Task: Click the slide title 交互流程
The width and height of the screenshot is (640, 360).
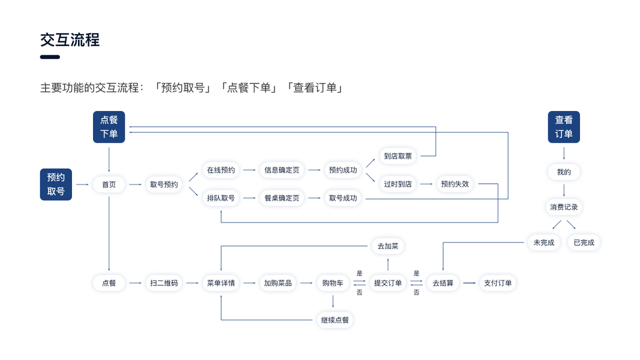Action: point(70,40)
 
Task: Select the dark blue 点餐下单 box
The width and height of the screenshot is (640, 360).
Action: point(109,127)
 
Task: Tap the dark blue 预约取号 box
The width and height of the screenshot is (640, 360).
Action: point(56,184)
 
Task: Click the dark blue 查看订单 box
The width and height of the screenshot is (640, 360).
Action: point(564,127)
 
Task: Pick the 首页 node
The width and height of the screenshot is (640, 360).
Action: point(109,185)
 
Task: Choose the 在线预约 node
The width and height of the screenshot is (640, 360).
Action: point(221,170)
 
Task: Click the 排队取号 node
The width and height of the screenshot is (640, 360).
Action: point(221,198)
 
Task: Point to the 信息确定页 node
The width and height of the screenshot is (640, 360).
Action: point(282,170)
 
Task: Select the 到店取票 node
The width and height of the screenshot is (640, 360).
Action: point(398,156)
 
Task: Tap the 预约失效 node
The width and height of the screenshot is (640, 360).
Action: point(455,184)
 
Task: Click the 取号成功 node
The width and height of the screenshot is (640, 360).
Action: point(342,198)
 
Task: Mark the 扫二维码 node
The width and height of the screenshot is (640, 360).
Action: point(164,283)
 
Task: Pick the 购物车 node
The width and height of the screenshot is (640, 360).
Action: point(333,283)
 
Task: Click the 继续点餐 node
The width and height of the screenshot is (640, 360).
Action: point(334,320)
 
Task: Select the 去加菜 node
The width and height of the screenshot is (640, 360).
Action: point(387,246)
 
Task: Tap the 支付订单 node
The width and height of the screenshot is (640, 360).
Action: point(498,283)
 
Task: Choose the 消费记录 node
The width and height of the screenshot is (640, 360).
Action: point(564,207)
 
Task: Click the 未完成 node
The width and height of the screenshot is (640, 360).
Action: point(544,242)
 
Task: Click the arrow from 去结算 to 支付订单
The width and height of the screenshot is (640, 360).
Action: point(469,283)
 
